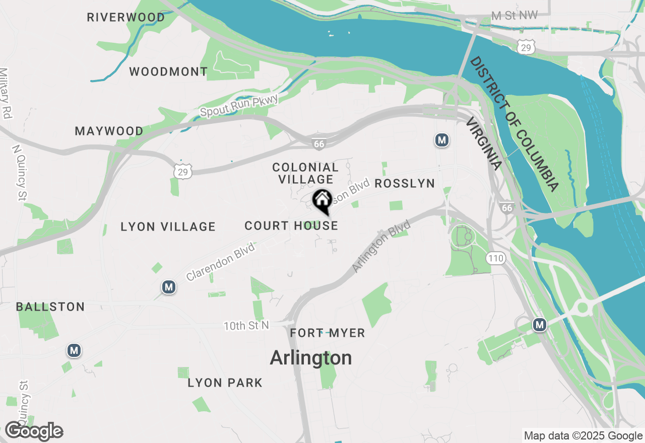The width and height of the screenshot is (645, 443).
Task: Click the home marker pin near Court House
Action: (322, 201)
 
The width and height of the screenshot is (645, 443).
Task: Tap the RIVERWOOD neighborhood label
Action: (126, 17)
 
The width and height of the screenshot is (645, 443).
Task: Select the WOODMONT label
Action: (168, 71)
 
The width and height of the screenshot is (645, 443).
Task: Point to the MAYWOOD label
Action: (109, 131)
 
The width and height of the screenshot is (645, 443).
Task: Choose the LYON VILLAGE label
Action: (168, 227)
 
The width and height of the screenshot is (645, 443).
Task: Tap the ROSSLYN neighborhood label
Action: (405, 183)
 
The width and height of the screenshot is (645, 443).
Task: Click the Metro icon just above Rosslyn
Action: (442, 140)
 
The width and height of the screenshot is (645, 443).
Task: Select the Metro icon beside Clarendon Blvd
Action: (169, 287)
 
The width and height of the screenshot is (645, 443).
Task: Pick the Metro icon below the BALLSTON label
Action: (74, 350)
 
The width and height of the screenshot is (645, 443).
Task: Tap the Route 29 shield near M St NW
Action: (525, 47)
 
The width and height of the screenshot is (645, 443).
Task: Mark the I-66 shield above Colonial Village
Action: (318, 144)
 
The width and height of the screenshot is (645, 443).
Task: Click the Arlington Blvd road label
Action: (381, 246)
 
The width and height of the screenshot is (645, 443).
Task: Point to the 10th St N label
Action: (246, 326)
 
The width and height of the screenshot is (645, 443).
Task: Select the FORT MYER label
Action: (328, 333)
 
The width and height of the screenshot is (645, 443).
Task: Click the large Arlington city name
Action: (311, 358)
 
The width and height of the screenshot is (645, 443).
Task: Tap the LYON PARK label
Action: (225, 383)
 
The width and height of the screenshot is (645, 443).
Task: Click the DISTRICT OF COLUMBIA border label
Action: (514, 124)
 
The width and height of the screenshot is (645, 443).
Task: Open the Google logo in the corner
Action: (34, 431)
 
